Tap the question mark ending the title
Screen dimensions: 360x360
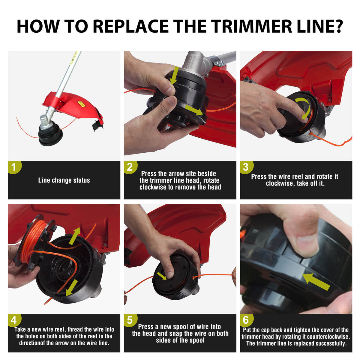click(338, 26)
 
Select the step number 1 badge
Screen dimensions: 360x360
click(14, 167)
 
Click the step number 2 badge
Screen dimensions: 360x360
click(130, 167)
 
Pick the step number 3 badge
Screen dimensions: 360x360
click(246, 167)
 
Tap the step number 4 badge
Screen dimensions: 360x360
click(14, 320)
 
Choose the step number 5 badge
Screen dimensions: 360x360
click(130, 320)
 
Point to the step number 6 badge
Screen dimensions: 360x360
click(246, 320)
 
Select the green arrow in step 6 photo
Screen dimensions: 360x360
click(316, 281)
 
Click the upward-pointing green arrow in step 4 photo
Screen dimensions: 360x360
click(75, 236)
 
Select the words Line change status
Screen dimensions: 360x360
click(64, 180)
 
